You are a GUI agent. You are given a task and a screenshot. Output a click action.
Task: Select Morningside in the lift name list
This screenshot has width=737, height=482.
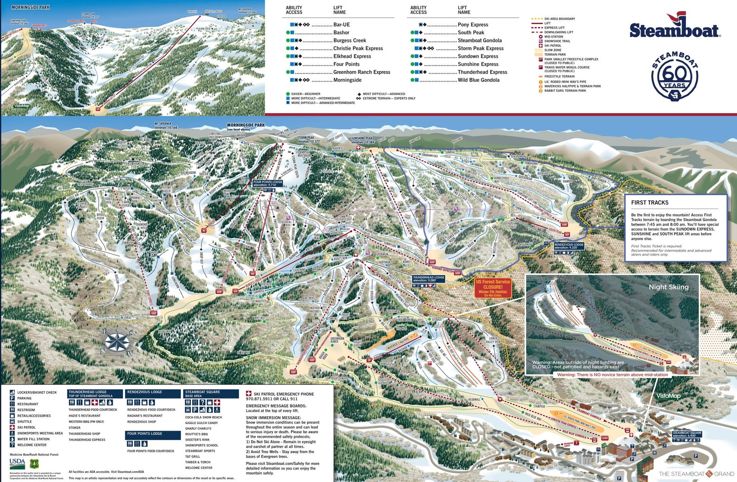pyautogui.click(x=347, y=80)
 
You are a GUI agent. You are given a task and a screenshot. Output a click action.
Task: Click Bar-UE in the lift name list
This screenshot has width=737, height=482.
pyautogui.click(x=342, y=25)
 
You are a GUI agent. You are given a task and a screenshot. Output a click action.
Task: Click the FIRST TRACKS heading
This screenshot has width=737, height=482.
pyautogui.click(x=650, y=203)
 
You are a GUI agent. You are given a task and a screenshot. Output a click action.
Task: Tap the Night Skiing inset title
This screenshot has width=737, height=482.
pyautogui.click(x=668, y=287)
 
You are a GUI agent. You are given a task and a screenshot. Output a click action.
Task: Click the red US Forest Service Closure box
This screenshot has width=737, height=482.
pyautogui.click(x=492, y=287)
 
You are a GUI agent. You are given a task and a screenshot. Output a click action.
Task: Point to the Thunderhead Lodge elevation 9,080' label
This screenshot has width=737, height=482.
pyautogui.click(x=428, y=279)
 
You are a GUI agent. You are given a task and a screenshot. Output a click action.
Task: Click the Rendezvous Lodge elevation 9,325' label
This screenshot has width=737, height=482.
pyautogui.click(x=569, y=246)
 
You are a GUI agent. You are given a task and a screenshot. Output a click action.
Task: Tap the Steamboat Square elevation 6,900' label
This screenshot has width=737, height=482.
pyautogui.click(x=687, y=434)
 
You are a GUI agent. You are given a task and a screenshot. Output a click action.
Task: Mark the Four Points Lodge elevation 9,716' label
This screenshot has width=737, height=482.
pyautogui.click(x=268, y=183)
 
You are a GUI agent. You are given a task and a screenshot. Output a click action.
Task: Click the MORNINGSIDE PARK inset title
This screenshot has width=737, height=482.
pyautogui.click(x=30, y=7)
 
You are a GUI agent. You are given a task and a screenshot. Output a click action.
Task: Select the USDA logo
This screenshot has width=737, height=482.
pyautogui.click(x=17, y=463)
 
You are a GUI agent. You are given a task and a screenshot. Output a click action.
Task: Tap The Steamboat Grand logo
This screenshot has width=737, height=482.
pyautogui.click(x=696, y=474)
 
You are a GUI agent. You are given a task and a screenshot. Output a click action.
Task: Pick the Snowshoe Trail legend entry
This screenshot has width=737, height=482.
pyautogui.click(x=557, y=41)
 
